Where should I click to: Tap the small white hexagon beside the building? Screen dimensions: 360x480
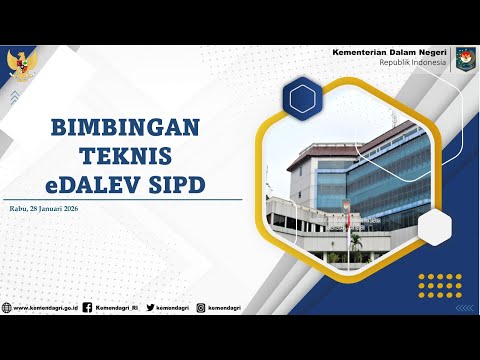(x=436, y=227)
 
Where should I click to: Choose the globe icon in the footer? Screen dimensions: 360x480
(x=7, y=308)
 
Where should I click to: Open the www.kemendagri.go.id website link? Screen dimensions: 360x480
(x=44, y=308)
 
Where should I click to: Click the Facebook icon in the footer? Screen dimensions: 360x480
(x=87, y=308)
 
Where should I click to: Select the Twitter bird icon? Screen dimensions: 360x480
(x=147, y=308)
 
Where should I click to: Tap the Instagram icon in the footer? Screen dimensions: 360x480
(x=200, y=308)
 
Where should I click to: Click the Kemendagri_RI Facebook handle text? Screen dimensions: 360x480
(x=116, y=308)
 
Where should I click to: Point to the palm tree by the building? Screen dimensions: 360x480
(x=355, y=242)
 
